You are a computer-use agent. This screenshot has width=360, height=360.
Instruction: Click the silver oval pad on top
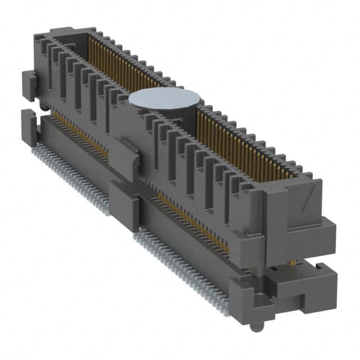pos(165,98)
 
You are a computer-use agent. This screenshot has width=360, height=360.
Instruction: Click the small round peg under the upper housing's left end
pos(43,105)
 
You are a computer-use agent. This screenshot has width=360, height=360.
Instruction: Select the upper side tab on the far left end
pos(29,85)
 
